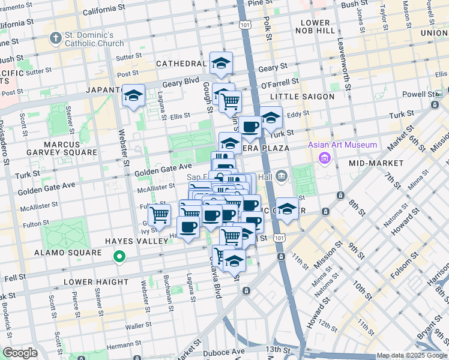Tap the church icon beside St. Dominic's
(56, 38)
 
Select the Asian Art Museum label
(343, 145)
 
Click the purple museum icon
(325, 158)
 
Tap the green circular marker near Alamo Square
(119, 258)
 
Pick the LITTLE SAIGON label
(302, 97)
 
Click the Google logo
(19, 353)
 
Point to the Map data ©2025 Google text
(412, 355)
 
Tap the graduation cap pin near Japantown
(133, 95)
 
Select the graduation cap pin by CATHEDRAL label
(221, 63)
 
